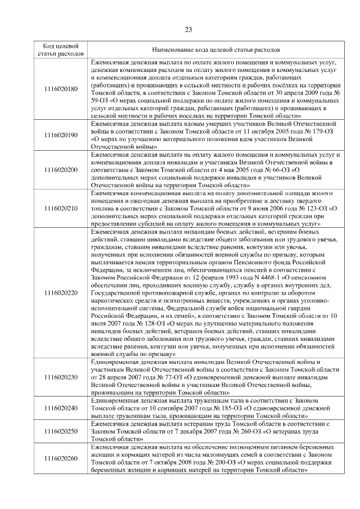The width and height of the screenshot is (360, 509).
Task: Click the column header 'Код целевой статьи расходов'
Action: pyautogui.click(x=61, y=49)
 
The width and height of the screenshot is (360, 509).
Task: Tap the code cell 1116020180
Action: pyautogui.click(x=61, y=88)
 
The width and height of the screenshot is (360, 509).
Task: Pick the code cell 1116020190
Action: pyautogui.click(x=61, y=136)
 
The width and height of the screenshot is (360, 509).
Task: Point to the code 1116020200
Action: pyautogui.click(x=61, y=169)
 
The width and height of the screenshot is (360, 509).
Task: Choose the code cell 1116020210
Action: pyautogui.click(x=61, y=208)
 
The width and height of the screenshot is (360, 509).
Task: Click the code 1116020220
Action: pyautogui.click(x=61, y=292)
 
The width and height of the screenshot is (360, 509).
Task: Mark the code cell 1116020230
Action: pyautogui.click(x=61, y=377)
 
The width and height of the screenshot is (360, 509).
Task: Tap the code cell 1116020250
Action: pyautogui.click(x=61, y=430)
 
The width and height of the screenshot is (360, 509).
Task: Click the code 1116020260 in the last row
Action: pyautogui.click(x=61, y=458)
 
